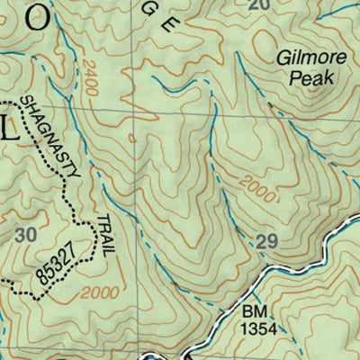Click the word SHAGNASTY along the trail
point(52,135)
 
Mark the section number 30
point(27,234)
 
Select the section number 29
point(265,240)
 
